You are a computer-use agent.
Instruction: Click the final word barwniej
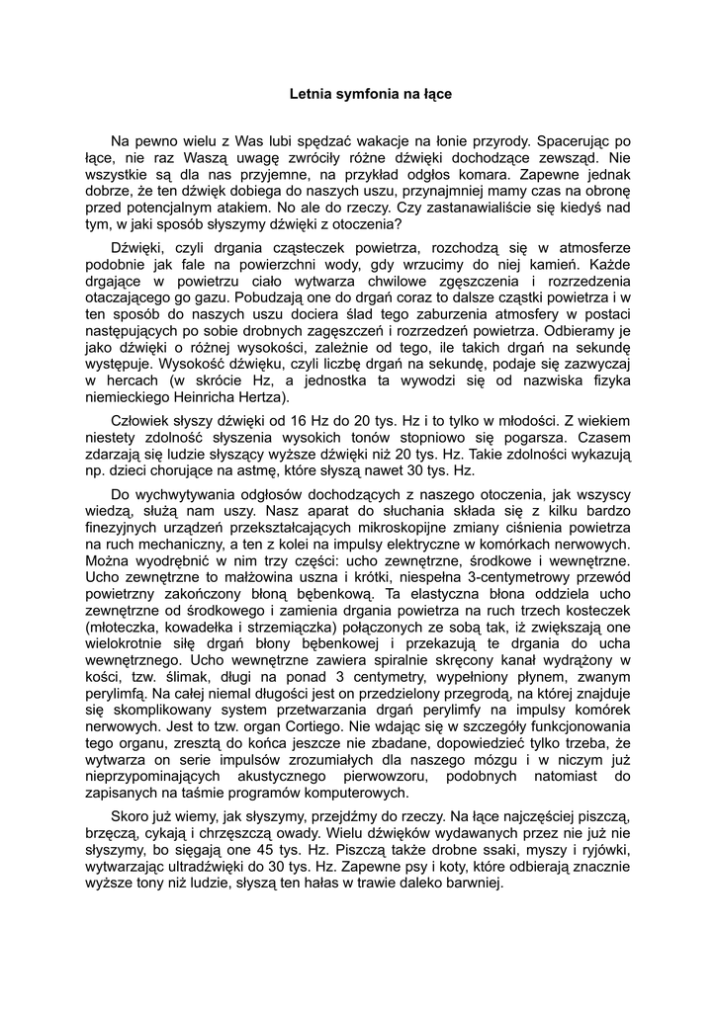(472, 885)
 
